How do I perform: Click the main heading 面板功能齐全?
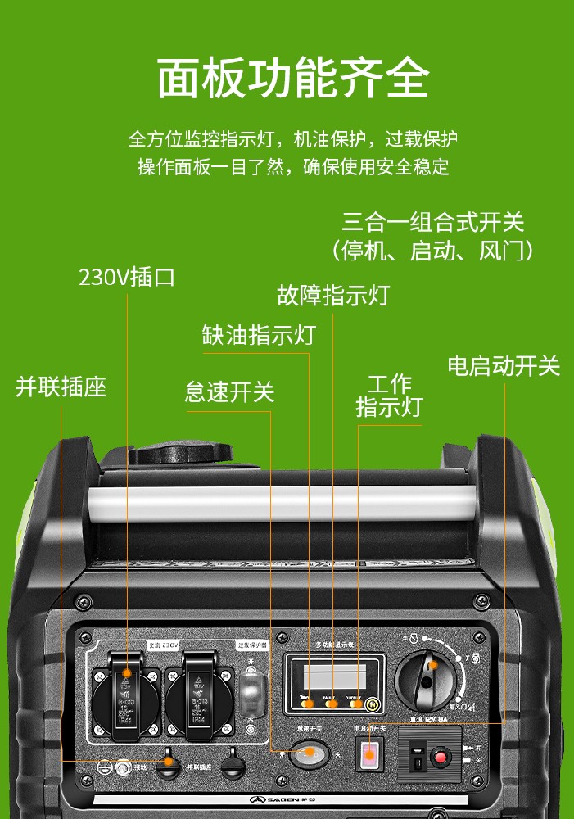coord(292,79)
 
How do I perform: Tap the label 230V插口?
coord(127,277)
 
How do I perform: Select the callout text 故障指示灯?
coord(333,295)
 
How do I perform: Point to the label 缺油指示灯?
coord(259,335)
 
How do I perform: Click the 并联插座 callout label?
coord(61,387)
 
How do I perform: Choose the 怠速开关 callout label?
coord(229,392)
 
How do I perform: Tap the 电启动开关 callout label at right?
coord(504,366)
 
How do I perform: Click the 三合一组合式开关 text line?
coord(432,222)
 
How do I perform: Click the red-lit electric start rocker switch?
coord(369,754)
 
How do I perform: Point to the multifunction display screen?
coord(334,676)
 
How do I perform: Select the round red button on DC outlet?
coord(441,757)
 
